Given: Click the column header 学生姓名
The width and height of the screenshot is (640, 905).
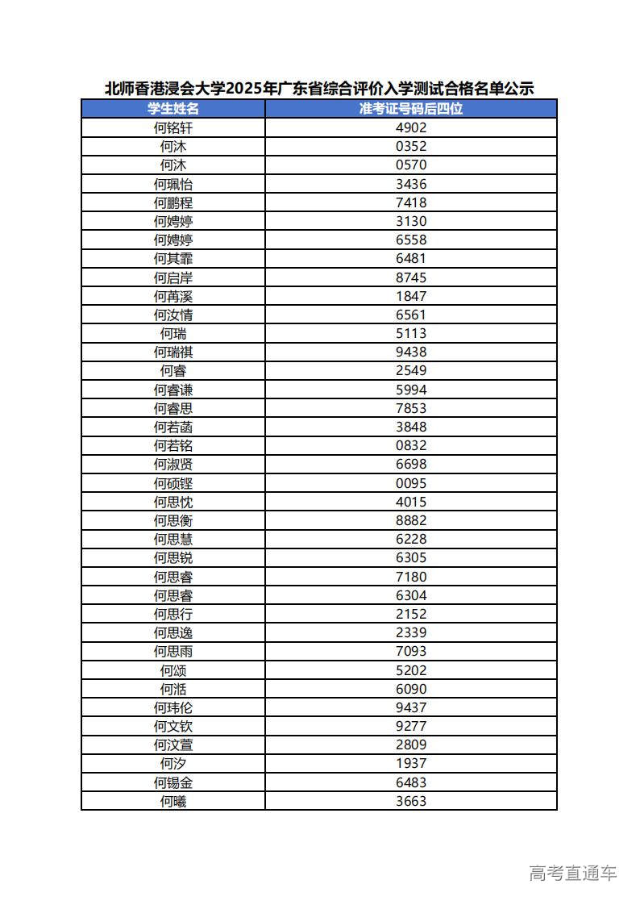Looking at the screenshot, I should point(173,109).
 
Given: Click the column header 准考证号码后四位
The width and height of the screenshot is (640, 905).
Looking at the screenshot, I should point(411,109).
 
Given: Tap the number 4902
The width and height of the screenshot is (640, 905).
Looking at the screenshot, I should point(411,127).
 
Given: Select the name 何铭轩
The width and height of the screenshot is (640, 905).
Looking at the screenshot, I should point(173,127).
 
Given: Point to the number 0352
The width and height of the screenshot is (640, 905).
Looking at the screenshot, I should point(411,146).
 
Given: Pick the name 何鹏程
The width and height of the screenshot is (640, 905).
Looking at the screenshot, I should point(173,202).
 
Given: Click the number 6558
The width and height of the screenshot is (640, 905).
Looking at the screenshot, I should point(411,240).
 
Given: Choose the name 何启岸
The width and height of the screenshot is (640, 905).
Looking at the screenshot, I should point(173,277).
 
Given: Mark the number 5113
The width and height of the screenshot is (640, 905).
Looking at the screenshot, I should point(411,333).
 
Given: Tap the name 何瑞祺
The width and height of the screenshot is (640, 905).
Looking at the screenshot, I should point(173,352).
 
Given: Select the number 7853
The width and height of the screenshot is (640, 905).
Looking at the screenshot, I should point(411,408).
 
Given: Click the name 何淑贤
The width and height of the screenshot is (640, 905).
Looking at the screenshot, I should point(173,464).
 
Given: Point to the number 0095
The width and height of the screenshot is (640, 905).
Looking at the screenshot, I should point(411,483).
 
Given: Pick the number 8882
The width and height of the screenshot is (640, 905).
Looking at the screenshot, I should point(411,520).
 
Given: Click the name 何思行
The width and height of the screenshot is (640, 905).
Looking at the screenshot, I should point(173,614).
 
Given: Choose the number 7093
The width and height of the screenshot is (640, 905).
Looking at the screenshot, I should point(411,651).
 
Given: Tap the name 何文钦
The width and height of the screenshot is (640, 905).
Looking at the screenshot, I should point(173,726).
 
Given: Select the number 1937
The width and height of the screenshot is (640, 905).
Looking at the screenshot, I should point(411,763).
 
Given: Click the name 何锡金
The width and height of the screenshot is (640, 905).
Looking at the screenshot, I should point(173,782).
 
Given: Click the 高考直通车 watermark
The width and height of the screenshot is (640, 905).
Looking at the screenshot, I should point(573,873).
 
